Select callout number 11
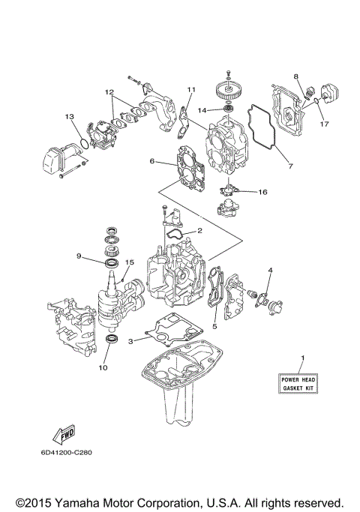(x=190, y=90)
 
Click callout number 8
(x=296, y=76)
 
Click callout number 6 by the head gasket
(x=151, y=160)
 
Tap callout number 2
(x=199, y=230)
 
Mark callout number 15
(x=130, y=262)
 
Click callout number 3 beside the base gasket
(x=130, y=341)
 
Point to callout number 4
(x=270, y=269)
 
